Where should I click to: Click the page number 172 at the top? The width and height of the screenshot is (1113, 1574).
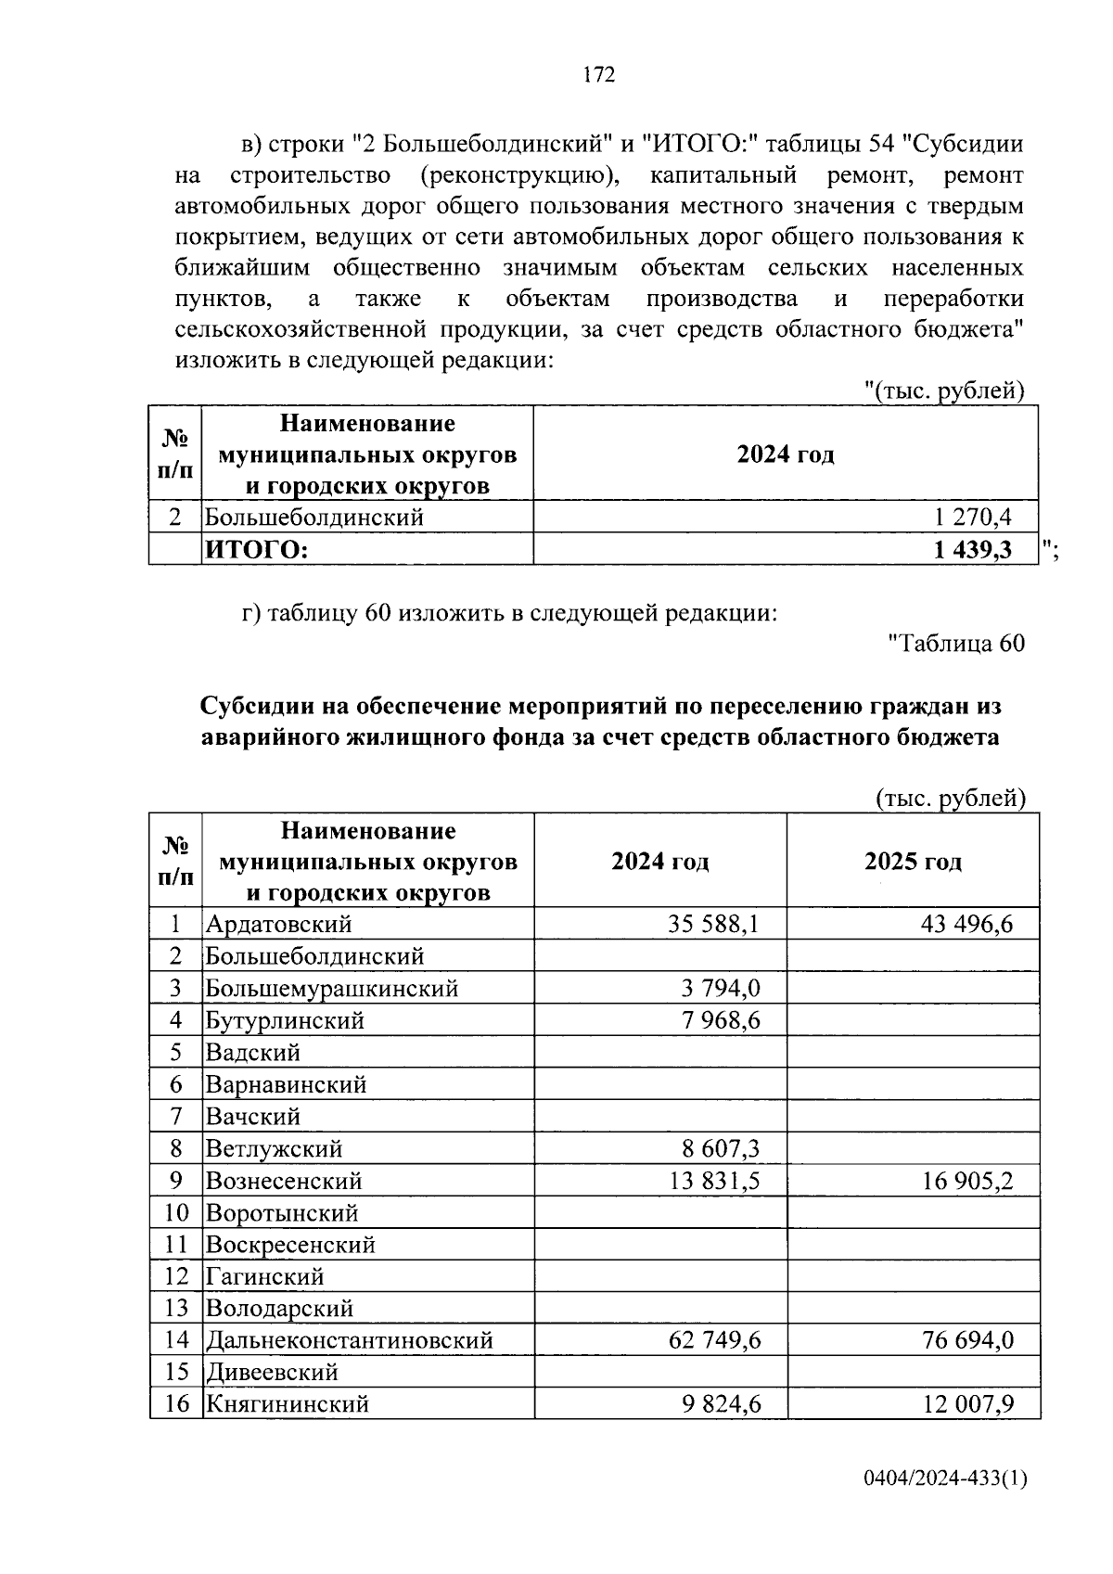pyautogui.click(x=599, y=75)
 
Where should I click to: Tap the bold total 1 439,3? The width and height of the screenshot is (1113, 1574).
pyautogui.click(x=972, y=550)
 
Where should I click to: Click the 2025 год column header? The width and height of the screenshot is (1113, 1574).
pyautogui.click(x=913, y=862)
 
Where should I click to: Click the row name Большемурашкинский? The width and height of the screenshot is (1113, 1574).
pyautogui.click(x=332, y=989)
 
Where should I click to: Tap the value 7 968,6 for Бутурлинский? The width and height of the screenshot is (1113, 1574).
pyautogui.click(x=721, y=1020)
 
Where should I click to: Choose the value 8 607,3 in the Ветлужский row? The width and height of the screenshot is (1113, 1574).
pyautogui.click(x=721, y=1149)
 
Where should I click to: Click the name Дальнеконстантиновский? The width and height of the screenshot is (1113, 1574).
pyautogui.click(x=349, y=1340)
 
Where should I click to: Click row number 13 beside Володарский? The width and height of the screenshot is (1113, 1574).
pyautogui.click(x=175, y=1309)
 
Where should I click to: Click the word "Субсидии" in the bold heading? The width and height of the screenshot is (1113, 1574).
pyautogui.click(x=257, y=707)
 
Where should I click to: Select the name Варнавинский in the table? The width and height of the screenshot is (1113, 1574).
pyautogui.click(x=286, y=1084)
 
